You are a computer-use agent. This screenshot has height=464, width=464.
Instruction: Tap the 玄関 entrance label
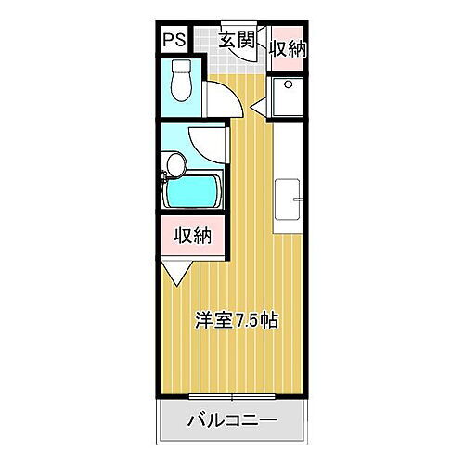pos(237,39)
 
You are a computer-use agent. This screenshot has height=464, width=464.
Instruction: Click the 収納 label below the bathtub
pos(194,235)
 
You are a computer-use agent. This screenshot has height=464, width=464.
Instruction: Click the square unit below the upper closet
pos(288,97)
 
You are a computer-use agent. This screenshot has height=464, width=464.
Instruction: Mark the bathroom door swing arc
pos(205,141)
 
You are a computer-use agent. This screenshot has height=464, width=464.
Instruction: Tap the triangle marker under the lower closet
pos(176,272)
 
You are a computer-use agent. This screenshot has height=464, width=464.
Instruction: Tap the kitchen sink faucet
pos(298,197)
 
